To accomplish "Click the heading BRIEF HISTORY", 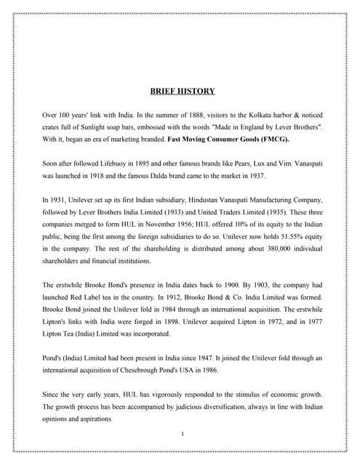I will (182, 92).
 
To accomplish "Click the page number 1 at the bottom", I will (183, 433).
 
